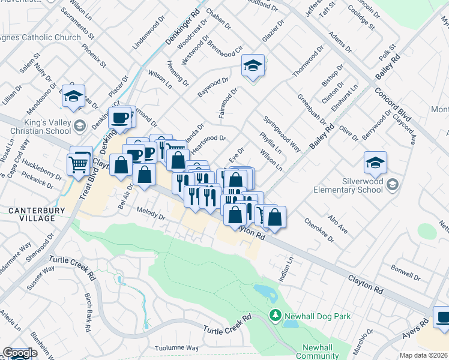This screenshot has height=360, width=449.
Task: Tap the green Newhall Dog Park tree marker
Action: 276,315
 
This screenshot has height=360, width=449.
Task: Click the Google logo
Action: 19,353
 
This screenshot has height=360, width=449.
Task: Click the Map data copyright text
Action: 424,355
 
